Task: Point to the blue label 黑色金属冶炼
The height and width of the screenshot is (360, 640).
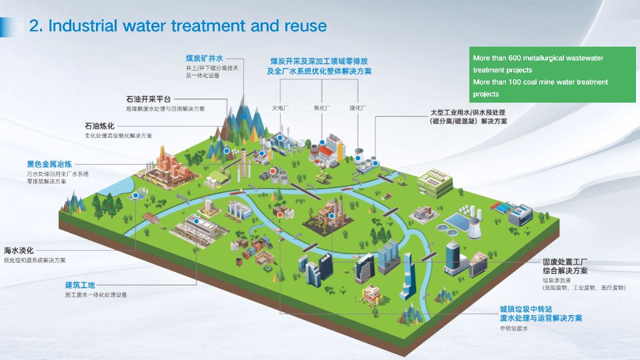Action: click(49, 163)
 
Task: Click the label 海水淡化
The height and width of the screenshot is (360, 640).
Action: click(19, 251)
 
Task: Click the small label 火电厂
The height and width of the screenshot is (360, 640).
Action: click(279, 107)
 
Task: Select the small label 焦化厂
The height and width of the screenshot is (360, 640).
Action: click(322, 107)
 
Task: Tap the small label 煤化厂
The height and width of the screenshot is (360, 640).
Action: click(359, 107)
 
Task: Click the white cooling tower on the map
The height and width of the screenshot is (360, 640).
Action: click(474, 227)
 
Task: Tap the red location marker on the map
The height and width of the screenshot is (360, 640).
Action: click(280, 215)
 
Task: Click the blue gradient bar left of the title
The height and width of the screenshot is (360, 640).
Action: click(11, 26)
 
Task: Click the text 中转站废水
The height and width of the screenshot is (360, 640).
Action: click(513, 329)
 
